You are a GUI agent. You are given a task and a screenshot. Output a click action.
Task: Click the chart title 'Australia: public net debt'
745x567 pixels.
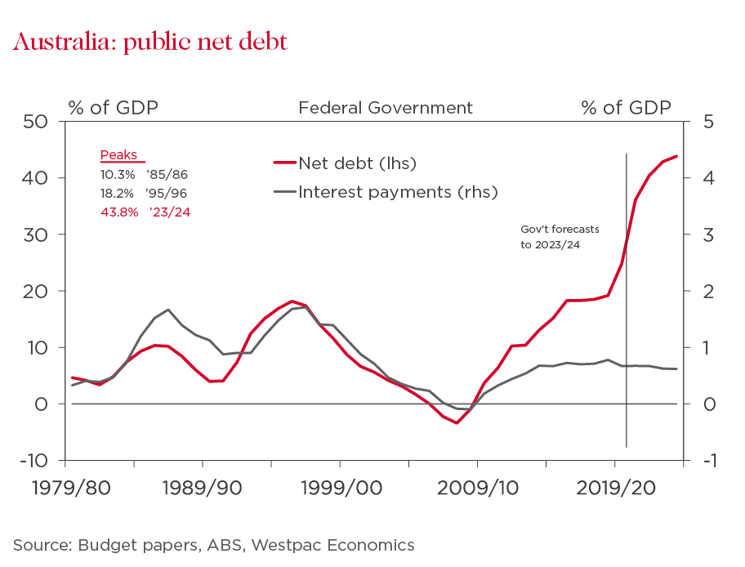150,42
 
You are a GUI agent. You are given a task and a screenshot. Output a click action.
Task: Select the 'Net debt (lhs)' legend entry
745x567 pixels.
357,163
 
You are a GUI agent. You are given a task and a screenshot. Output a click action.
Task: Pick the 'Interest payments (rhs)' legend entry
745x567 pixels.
398,192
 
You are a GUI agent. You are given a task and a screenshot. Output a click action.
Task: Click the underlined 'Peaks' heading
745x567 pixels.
118,156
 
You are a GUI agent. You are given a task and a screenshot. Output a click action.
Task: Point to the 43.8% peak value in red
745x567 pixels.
117,212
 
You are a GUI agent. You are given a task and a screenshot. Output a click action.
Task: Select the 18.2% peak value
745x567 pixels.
117,193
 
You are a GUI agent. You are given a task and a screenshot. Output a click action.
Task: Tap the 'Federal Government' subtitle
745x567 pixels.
386,108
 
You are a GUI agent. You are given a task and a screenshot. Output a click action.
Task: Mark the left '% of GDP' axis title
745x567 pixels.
113,108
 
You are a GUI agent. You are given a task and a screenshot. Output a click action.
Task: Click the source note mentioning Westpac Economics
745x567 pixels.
214,545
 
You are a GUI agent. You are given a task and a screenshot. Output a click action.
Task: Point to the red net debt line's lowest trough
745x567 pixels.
457,422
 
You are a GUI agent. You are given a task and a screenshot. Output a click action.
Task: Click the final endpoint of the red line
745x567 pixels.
676,156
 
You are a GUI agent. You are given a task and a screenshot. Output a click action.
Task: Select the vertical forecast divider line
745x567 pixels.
627,327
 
